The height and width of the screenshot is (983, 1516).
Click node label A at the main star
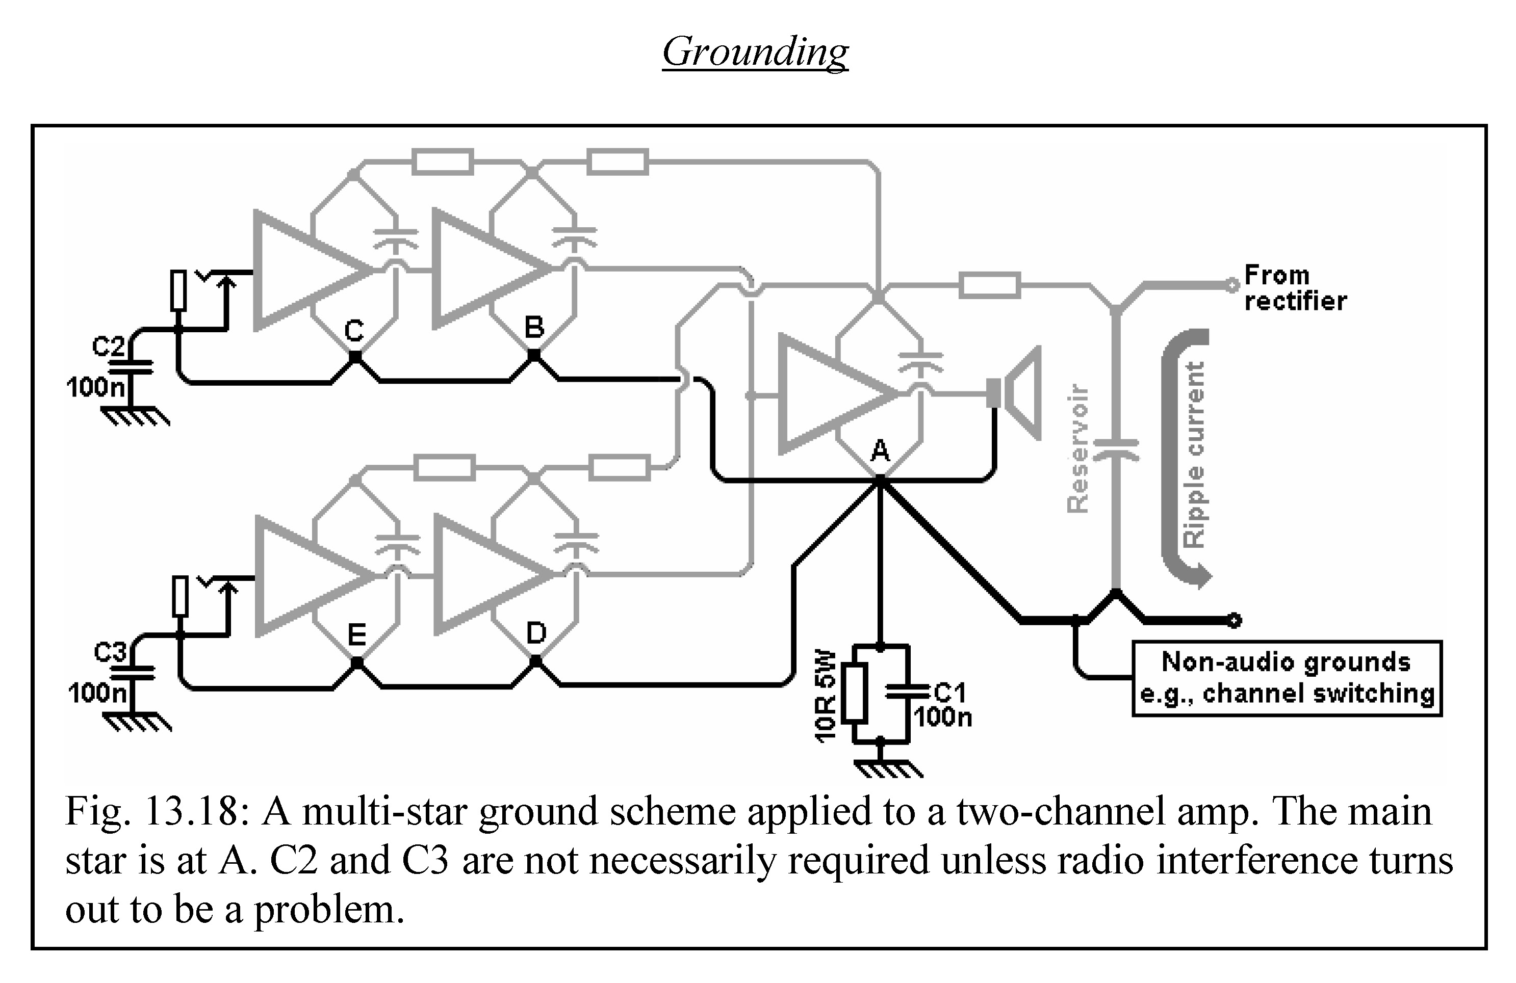(x=880, y=451)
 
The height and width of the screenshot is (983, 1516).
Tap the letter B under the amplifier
(x=534, y=328)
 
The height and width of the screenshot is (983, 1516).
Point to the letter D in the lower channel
(x=536, y=633)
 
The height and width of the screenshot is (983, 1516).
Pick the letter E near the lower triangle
(x=357, y=635)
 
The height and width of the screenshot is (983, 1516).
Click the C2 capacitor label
(x=108, y=347)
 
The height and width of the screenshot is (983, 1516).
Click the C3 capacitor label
(x=110, y=653)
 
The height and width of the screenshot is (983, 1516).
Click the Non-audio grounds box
(x=1286, y=679)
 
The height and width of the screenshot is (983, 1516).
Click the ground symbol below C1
(x=887, y=769)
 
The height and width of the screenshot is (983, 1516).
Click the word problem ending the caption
(x=329, y=910)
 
